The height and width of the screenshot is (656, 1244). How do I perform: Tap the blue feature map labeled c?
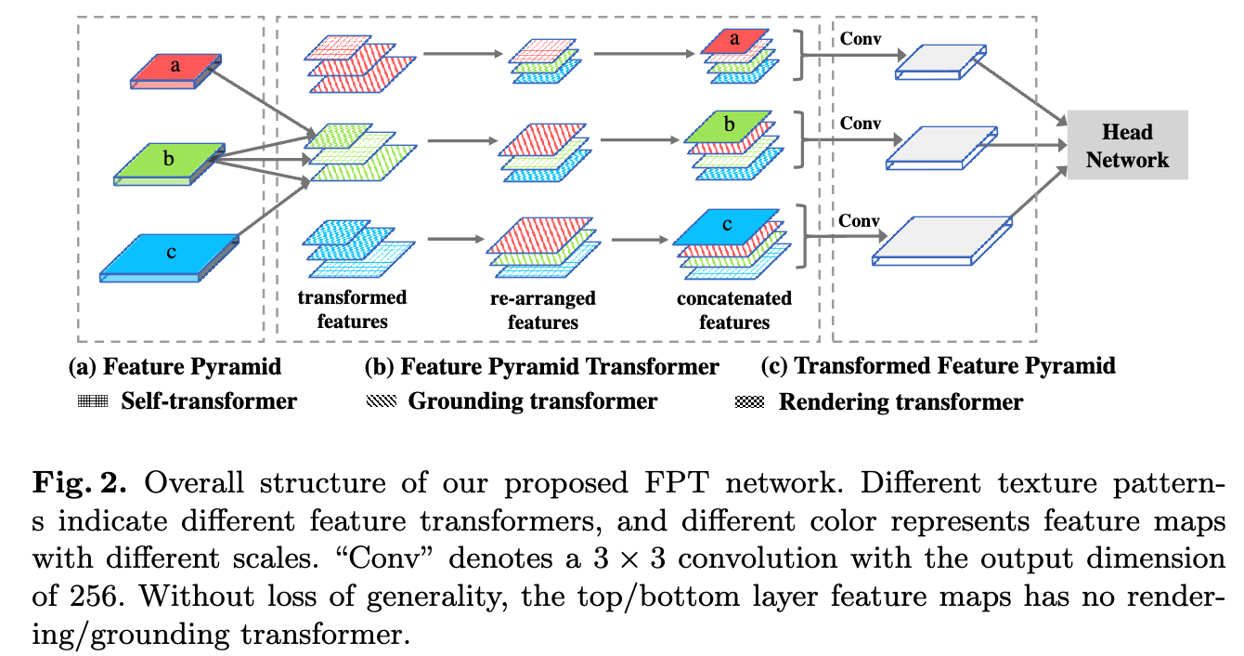[x=170, y=252]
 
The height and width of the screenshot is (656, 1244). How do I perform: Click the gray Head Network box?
[x=1127, y=145]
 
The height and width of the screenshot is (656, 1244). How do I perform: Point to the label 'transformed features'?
[x=352, y=309]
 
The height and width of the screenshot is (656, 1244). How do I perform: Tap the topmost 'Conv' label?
[x=860, y=39]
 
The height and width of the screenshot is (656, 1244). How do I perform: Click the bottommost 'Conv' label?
[x=860, y=221]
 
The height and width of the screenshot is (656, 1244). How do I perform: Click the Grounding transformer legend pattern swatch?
[x=381, y=401]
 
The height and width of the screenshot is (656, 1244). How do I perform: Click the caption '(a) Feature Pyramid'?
[x=175, y=366]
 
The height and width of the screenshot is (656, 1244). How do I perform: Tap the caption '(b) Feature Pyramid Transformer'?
[x=542, y=367]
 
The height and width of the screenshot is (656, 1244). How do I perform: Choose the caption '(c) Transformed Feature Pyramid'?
[x=938, y=366]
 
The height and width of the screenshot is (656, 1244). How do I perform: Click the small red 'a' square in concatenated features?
[x=735, y=39]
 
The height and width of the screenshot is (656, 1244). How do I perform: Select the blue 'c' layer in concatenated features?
[x=727, y=225]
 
